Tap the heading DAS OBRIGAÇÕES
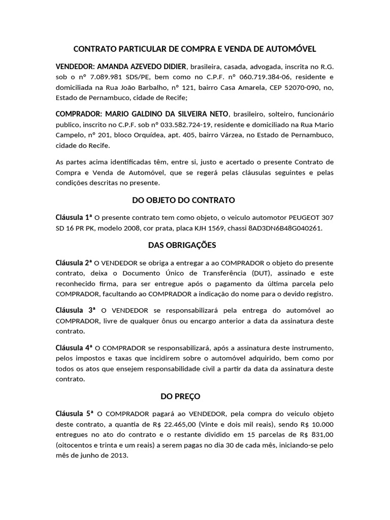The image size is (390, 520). pos(182,245)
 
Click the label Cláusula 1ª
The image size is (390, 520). pos(74,217)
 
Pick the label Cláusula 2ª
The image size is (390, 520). pos(74,263)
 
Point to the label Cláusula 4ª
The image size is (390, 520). pos(74,347)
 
